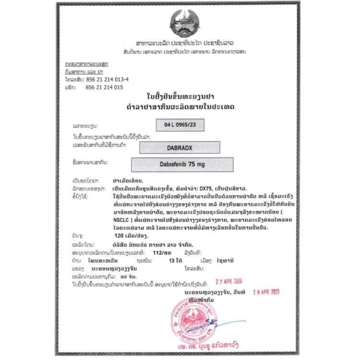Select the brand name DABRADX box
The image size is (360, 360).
(x=180, y=148)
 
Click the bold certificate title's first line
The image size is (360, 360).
(x=179, y=95)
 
